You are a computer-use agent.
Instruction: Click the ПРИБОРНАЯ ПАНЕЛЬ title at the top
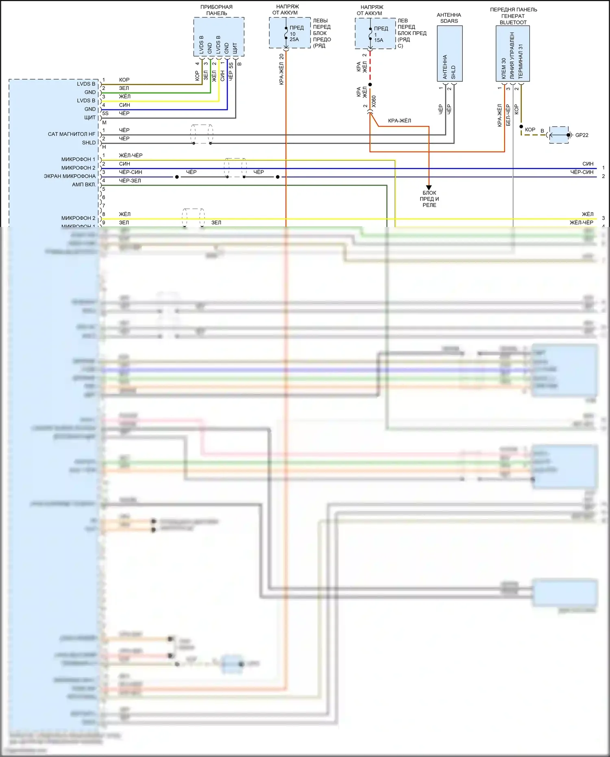tap(216, 10)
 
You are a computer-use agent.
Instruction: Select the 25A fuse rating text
tap(294, 39)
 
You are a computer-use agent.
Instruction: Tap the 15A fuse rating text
tap(379, 40)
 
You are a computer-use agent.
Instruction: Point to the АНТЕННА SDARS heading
tap(449, 18)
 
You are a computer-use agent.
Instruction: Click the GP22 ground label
tap(582, 135)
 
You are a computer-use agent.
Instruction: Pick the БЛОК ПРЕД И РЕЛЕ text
tap(429, 199)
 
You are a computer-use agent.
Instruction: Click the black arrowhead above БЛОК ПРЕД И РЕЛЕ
tap(429, 188)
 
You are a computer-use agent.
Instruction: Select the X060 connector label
tap(374, 101)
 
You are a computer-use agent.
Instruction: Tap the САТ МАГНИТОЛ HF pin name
tap(72, 134)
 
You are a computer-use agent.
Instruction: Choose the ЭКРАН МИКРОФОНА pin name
tap(70, 176)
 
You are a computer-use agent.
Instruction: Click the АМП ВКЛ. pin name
tap(84, 185)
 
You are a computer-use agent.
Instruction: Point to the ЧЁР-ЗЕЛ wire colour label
tap(130, 181)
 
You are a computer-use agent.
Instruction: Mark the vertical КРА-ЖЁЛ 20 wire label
tap(281, 69)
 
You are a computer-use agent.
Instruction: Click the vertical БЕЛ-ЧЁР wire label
tap(508, 115)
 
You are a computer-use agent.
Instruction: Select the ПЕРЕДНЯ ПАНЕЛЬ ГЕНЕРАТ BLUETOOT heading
tap(513, 16)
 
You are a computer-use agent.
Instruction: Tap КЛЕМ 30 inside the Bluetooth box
tap(504, 68)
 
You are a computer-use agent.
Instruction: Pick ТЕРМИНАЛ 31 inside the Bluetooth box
tap(521, 61)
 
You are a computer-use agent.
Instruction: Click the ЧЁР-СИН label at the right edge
tap(582, 172)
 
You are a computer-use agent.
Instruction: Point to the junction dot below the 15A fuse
tap(370, 85)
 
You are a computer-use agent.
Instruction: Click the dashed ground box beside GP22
tap(559, 135)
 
